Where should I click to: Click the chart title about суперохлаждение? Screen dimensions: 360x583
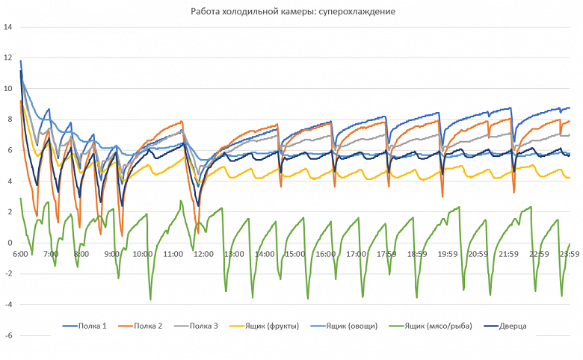coord(291,13)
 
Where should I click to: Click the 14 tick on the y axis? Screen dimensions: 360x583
coord(8,27)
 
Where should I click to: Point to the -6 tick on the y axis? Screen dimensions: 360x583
coord(8,335)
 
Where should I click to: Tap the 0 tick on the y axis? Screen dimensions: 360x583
coord(10,243)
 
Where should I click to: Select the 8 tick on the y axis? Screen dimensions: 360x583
coord(10,120)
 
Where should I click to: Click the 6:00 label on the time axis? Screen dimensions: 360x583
coord(20,254)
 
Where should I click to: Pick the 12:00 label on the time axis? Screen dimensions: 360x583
coord(203,254)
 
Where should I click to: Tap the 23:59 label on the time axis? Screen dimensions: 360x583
coord(570,254)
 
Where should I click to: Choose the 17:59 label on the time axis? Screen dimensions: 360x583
coord(386,254)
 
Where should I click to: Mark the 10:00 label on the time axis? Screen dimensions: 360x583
coord(142,254)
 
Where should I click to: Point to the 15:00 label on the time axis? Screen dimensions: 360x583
coord(295,254)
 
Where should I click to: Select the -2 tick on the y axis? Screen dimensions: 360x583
coord(8,273)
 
